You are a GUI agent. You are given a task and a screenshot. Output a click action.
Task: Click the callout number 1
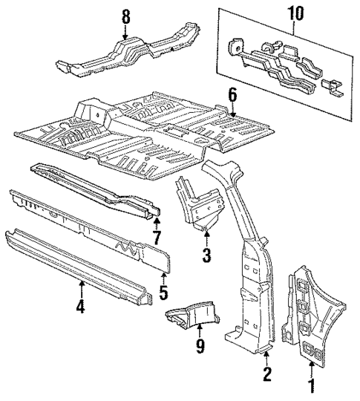pos(310,386)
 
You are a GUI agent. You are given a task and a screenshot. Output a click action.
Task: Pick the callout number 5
pos(163,294)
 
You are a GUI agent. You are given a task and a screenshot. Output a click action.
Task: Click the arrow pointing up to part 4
pos(82,285)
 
